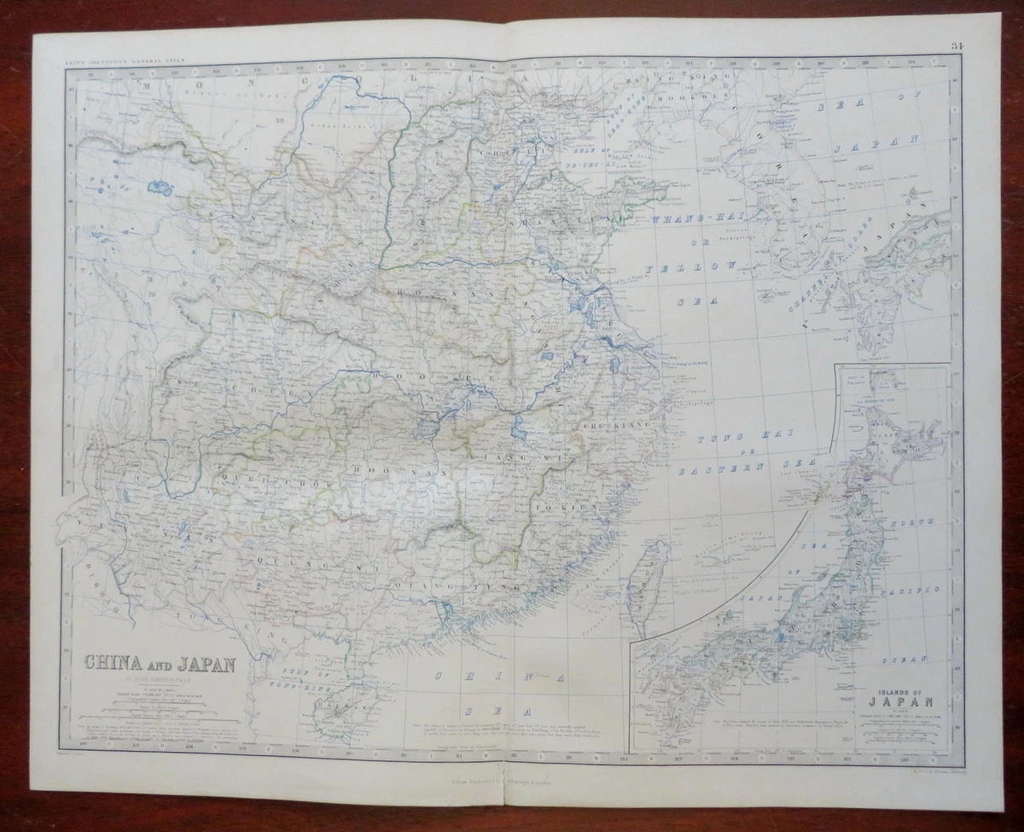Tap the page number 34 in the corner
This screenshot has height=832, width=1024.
click(954, 45)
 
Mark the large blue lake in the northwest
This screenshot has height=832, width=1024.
click(160, 185)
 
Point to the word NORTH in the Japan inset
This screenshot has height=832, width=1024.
click(904, 519)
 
